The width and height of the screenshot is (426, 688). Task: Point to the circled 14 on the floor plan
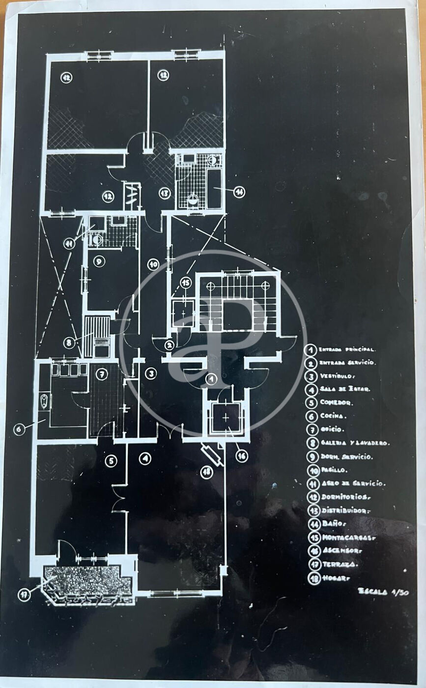coord(239,192)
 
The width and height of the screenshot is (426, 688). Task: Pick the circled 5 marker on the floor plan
coord(111,460)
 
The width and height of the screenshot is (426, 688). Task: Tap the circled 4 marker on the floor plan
coord(145,459)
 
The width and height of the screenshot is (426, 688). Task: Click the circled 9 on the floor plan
coord(99,261)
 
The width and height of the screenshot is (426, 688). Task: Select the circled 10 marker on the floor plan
coord(153,264)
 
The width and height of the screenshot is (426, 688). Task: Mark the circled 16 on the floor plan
coord(241,456)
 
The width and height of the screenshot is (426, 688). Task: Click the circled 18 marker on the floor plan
coord(207,472)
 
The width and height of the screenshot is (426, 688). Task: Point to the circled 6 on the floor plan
coord(19,429)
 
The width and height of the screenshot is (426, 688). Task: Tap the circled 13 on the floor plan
coord(165,193)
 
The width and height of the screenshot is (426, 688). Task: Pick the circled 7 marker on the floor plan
coord(102,374)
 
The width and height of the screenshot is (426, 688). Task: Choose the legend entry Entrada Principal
coord(347,350)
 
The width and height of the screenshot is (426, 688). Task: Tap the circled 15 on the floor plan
coord(185,282)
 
